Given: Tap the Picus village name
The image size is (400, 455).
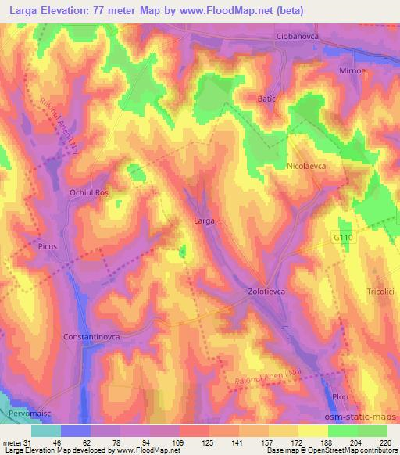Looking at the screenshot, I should [x=48, y=245].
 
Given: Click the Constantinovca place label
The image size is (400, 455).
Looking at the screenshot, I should [x=92, y=338].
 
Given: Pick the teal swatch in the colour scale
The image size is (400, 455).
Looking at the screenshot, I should [x=46, y=431].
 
